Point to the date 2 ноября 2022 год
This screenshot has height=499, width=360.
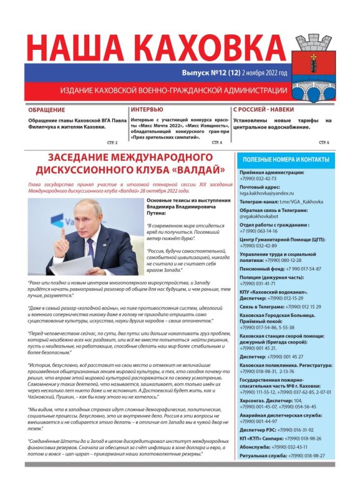265,72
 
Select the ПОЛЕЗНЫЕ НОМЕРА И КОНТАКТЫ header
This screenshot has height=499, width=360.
285,160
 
